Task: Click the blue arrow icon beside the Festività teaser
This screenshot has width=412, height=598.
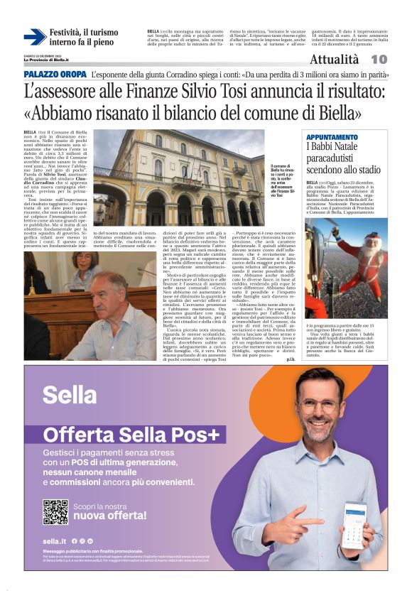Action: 34,37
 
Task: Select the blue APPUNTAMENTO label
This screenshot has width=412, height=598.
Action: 331,137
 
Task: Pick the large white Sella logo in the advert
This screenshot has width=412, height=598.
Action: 70,394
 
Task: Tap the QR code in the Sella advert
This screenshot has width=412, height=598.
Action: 55,511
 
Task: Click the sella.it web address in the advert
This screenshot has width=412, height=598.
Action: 53,541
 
